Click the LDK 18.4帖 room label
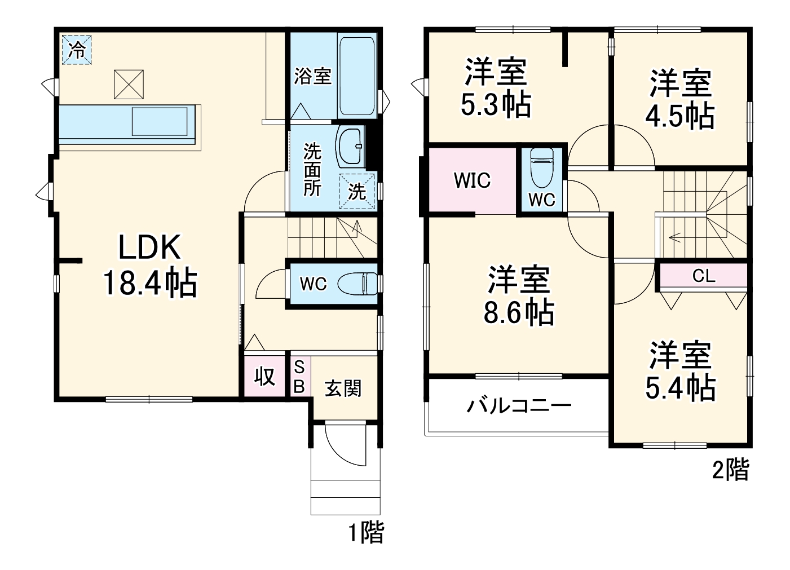pyautogui.click(x=149, y=266)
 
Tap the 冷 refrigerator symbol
pyautogui.click(x=77, y=50)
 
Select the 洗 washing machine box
pyautogui.click(x=356, y=191)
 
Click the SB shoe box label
pyautogui.click(x=299, y=377)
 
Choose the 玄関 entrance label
pyautogui.click(x=342, y=388)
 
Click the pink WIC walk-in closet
pyautogui.click(x=472, y=180)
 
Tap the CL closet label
pyautogui.click(x=703, y=276)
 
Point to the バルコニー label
pyautogui.click(x=519, y=405)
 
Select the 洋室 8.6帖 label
pyautogui.click(x=518, y=296)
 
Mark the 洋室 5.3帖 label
pyautogui.click(x=496, y=87)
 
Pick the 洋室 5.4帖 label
pyautogui.click(x=680, y=370)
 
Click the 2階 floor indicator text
pyautogui.click(x=730, y=469)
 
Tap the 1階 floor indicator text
pyautogui.click(x=365, y=532)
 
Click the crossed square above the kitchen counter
pyautogui.click(x=129, y=85)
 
